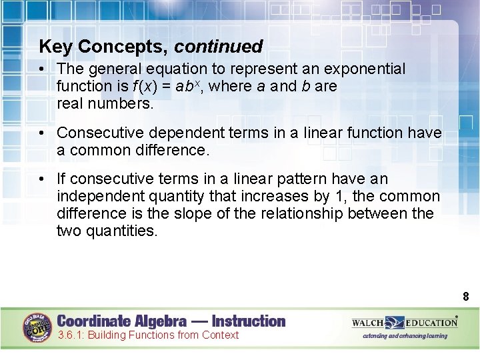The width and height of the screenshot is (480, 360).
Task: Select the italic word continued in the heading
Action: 219,47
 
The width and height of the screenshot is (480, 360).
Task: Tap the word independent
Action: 97,196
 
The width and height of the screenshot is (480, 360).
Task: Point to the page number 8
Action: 466,297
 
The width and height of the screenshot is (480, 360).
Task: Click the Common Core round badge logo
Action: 38,327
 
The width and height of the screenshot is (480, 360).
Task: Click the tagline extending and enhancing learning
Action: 405,336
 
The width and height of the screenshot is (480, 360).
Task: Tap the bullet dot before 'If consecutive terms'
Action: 42,179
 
